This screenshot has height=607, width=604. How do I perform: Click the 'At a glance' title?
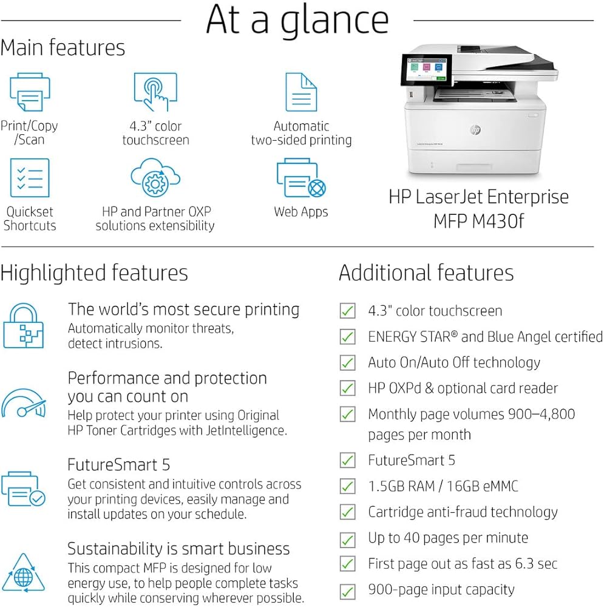click(x=297, y=20)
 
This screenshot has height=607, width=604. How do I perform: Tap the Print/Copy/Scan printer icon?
click(x=30, y=92)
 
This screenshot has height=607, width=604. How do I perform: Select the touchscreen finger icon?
click(x=155, y=92)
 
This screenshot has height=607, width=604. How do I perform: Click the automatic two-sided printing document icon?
click(x=301, y=92)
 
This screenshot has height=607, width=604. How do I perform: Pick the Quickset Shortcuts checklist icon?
click(x=30, y=178)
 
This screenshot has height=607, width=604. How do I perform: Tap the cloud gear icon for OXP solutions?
click(x=155, y=178)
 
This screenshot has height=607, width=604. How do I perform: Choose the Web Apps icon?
click(x=301, y=178)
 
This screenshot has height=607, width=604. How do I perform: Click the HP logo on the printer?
click(x=475, y=130)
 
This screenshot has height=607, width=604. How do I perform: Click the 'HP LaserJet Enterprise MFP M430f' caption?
click(x=478, y=209)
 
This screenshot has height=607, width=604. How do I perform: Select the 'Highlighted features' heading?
click(x=94, y=273)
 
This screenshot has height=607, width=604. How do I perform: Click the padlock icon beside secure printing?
click(x=24, y=325)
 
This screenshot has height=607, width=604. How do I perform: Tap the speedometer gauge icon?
click(x=24, y=404)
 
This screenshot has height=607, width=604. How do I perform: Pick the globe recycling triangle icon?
click(x=24, y=577)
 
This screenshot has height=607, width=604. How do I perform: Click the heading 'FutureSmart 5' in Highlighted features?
click(x=119, y=465)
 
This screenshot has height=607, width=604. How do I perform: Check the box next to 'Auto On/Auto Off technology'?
click(x=347, y=363)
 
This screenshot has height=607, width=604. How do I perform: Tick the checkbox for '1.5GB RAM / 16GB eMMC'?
click(x=347, y=486)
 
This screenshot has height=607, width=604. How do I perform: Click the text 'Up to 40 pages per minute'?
click(x=448, y=538)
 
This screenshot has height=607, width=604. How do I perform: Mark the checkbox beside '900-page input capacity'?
click(x=347, y=591)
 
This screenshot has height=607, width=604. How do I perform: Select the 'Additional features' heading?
click(x=426, y=273)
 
